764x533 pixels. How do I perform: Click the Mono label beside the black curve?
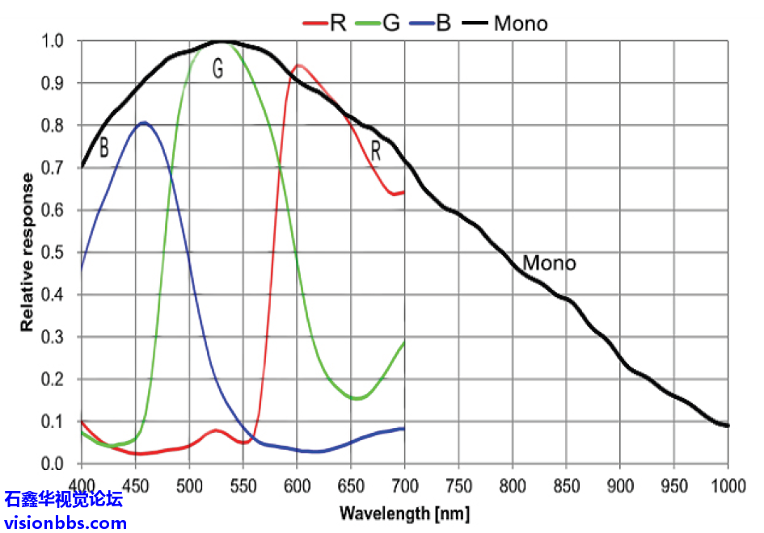click(x=549, y=263)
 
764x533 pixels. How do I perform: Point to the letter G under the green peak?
click(x=217, y=69)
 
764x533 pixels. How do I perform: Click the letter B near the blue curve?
click(x=103, y=149)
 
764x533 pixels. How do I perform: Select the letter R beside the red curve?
click(x=376, y=149)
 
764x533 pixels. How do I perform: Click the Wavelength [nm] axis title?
click(x=404, y=513)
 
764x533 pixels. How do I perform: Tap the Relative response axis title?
click(x=27, y=252)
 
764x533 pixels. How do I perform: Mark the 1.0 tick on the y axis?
click(x=53, y=41)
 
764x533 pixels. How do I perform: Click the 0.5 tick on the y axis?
click(x=53, y=252)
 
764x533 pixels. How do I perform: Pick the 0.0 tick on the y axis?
click(x=53, y=464)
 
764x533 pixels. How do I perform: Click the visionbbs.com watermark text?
click(x=65, y=522)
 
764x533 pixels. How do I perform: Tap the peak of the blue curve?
click(x=144, y=122)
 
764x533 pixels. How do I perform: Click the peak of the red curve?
click(x=299, y=65)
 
